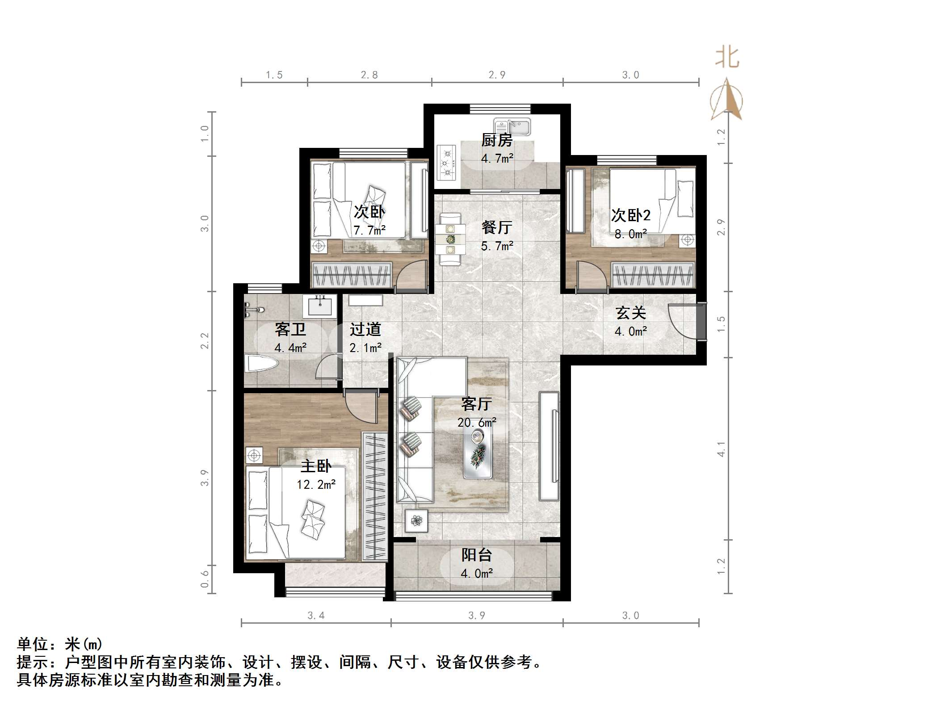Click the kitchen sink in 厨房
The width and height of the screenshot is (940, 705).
pos(512,126)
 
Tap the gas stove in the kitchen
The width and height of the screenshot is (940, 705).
pos(446,163)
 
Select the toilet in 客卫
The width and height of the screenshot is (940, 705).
pos(261,364)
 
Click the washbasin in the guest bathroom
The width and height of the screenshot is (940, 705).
pos(320,306)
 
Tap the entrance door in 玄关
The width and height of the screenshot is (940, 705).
pos(682,322)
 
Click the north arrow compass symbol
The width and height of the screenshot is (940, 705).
pos(726,101)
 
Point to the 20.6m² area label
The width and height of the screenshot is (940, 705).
pos(477,422)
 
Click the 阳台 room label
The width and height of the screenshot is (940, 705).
pos(477,555)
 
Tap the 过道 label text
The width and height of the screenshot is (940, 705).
pos(365,329)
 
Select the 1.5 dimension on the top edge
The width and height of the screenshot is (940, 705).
pos(274,75)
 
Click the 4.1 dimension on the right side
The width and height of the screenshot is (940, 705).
pos(721,449)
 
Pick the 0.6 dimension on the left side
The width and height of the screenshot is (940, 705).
pos(205,579)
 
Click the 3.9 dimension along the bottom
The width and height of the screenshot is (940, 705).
pos(476,616)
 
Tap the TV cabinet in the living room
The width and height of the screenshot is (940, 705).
pos(549,446)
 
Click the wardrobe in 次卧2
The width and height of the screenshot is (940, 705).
pos(653,274)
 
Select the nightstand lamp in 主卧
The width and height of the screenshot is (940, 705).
pos(254,456)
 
